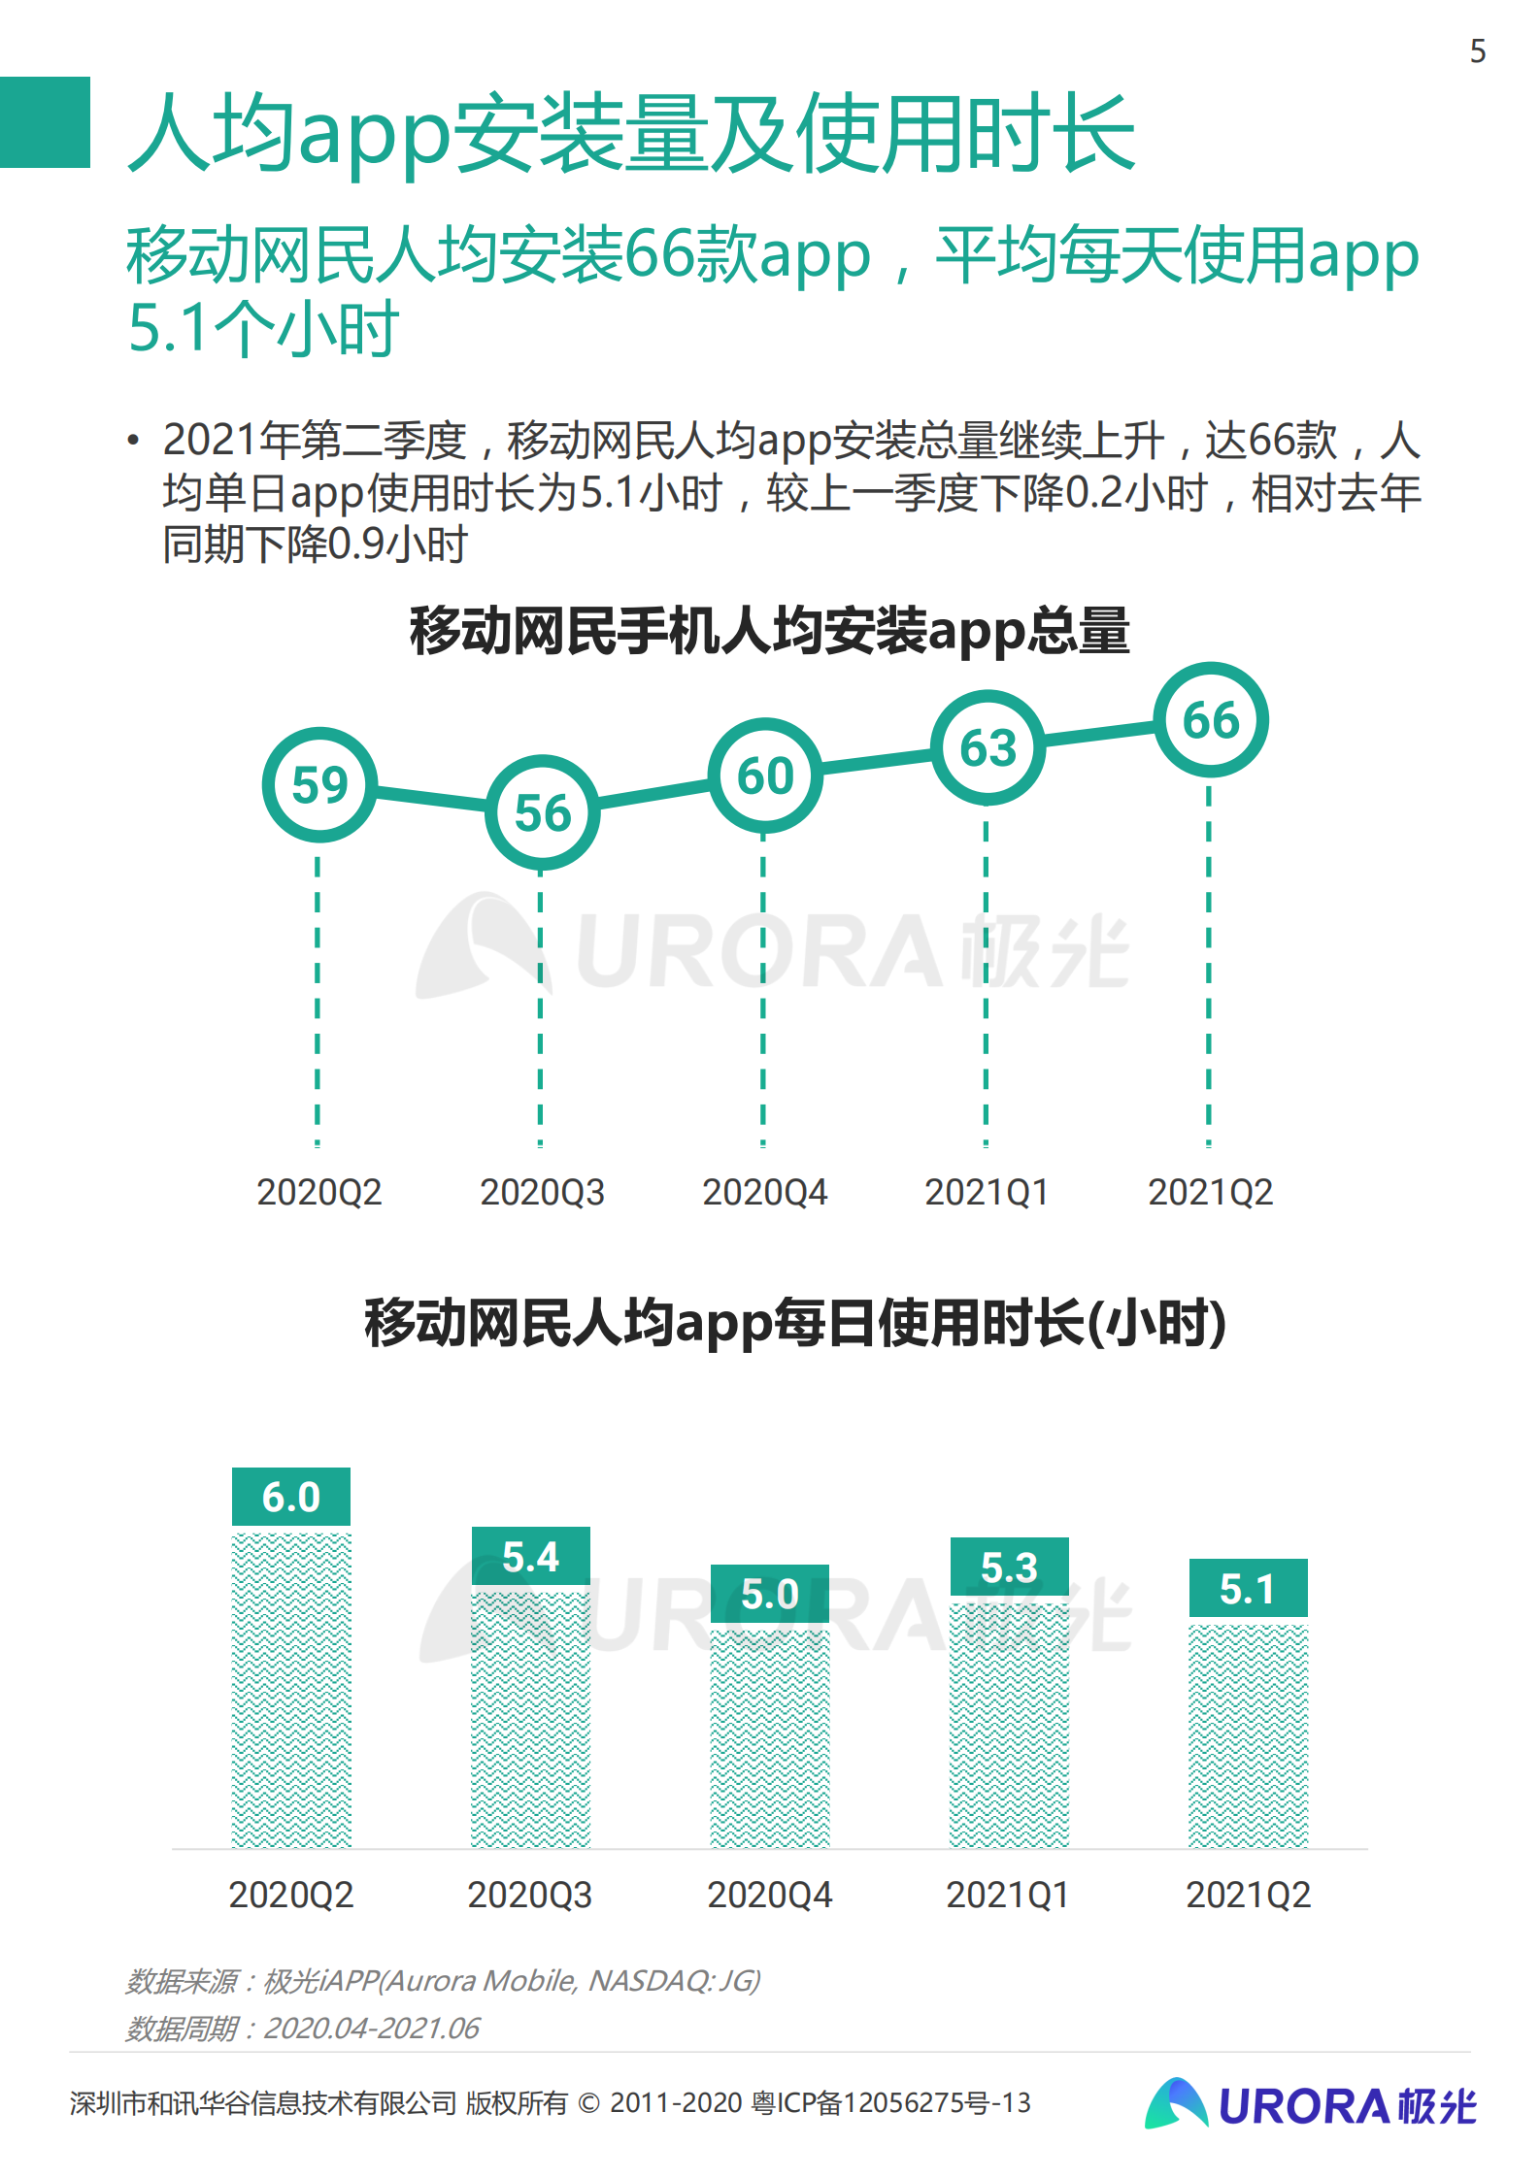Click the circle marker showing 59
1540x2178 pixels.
click(x=319, y=784)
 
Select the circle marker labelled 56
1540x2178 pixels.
click(x=542, y=812)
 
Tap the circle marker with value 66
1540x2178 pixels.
click(x=1211, y=720)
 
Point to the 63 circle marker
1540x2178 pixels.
click(x=988, y=748)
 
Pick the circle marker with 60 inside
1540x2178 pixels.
click(x=765, y=775)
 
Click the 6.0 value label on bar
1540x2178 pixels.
click(x=291, y=1497)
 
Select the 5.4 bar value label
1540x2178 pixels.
click(x=530, y=1557)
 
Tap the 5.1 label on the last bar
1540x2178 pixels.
click(x=1248, y=1589)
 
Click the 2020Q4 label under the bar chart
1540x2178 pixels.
click(x=769, y=1895)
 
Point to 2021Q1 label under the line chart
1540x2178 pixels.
click(x=987, y=1192)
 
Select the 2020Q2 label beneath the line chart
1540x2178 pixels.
click(x=319, y=1192)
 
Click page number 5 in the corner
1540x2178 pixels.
click(x=1477, y=51)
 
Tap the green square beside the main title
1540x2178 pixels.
click(x=45, y=122)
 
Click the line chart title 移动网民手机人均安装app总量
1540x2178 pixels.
click(x=769, y=631)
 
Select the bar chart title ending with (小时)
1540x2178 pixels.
click(x=794, y=1322)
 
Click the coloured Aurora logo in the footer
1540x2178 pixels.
click(x=1310, y=2105)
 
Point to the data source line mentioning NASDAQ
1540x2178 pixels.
click(x=443, y=1980)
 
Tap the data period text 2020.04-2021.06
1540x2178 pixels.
click(x=372, y=2028)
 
